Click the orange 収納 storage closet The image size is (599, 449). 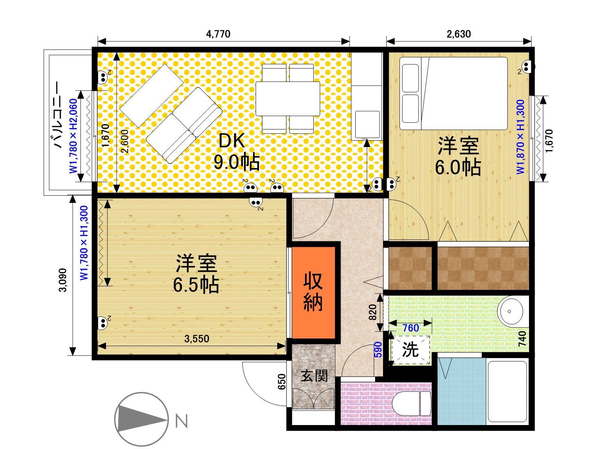pyautogui.click(x=313, y=292)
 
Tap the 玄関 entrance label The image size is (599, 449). pyautogui.click(x=314, y=376)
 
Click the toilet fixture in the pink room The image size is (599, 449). pyautogui.click(x=414, y=404)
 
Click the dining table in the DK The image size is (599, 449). pyautogui.click(x=288, y=98)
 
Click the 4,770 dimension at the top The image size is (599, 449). pyautogui.click(x=218, y=34)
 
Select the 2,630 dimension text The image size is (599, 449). pyautogui.click(x=459, y=34)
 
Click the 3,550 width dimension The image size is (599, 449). pyautogui.click(x=197, y=339)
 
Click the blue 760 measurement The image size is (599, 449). pyautogui.click(x=410, y=328)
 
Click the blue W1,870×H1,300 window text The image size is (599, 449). pyautogui.click(x=521, y=137)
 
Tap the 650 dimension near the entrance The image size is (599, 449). pyautogui.click(x=282, y=382)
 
